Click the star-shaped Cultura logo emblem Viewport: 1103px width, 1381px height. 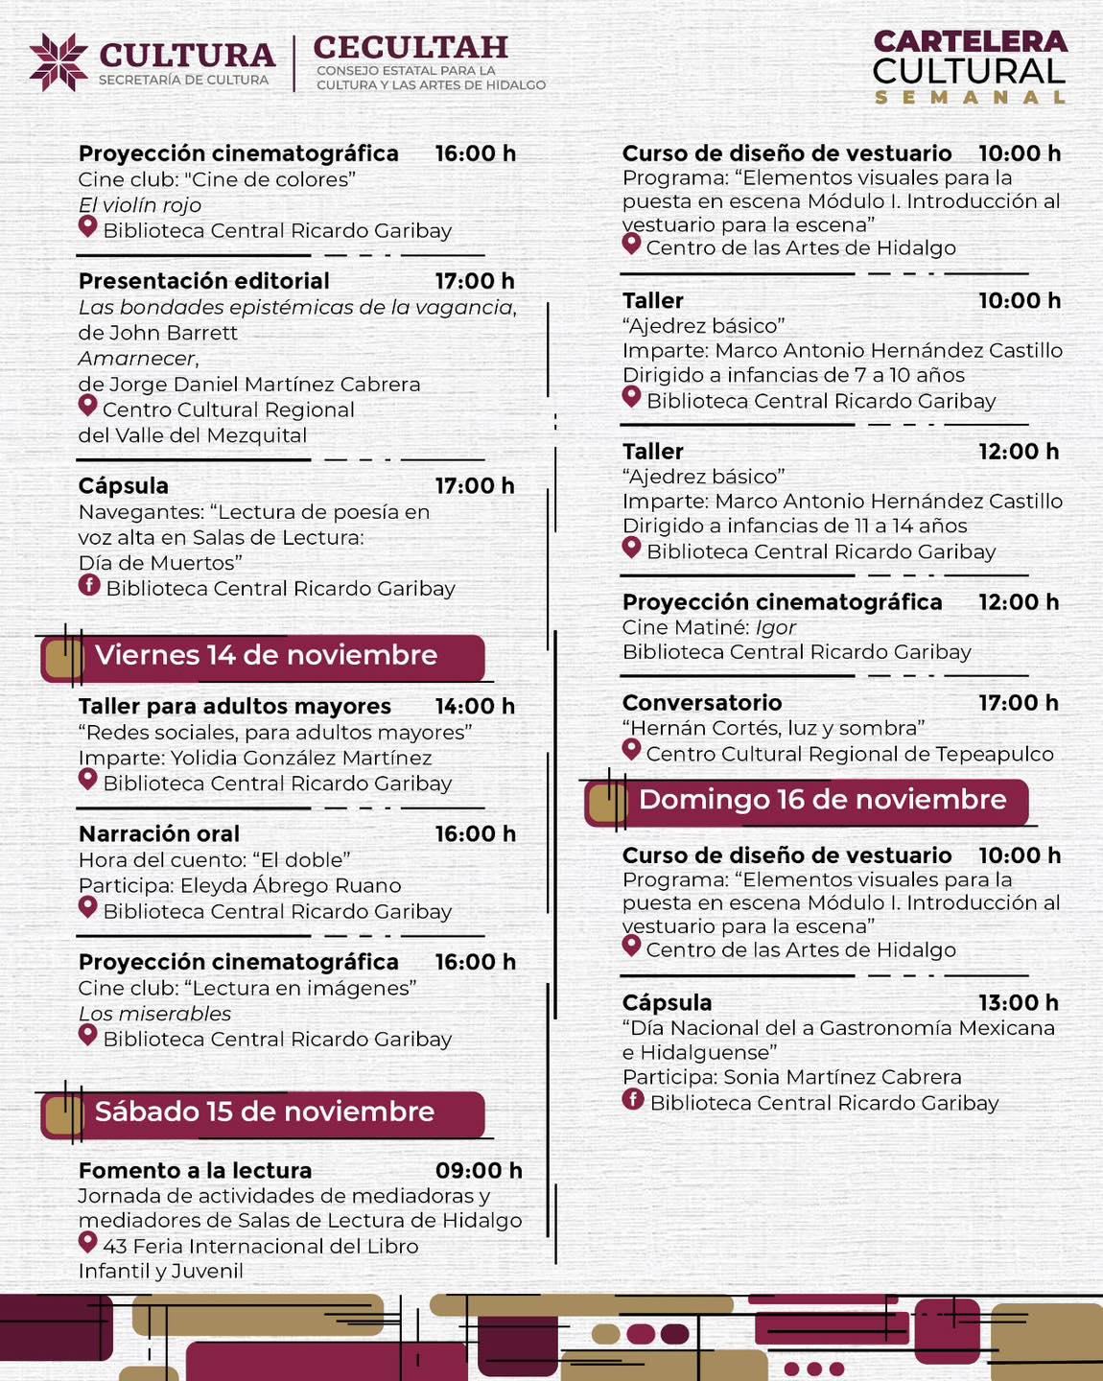tap(59, 62)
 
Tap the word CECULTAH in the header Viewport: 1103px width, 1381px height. tap(410, 47)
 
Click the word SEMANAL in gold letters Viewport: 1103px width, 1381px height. tap(970, 97)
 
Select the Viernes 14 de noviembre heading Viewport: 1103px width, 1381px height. tap(266, 656)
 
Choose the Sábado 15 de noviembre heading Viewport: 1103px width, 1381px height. tap(265, 1112)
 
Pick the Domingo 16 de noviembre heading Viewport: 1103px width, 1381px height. tap(822, 801)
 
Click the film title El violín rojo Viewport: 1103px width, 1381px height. tap(140, 205)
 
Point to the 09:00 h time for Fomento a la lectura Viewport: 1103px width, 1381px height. tap(479, 1171)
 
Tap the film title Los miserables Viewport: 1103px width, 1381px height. tap(154, 1014)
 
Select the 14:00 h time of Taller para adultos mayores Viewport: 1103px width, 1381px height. tap(475, 707)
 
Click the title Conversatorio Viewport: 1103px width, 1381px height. tap(702, 703)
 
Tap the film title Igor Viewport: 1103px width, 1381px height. tap(776, 627)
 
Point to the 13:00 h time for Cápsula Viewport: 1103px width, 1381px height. tap(1018, 1003)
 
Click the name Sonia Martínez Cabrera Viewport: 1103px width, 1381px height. tap(842, 1077)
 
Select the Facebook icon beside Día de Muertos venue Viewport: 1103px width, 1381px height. tap(89, 585)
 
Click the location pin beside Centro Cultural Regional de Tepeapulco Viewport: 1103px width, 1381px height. tap(631, 750)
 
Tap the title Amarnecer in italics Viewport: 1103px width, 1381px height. tap(138, 359)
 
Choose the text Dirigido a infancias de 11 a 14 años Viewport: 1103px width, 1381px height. tap(794, 526)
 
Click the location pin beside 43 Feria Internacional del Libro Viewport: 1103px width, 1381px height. tap(87, 1243)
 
